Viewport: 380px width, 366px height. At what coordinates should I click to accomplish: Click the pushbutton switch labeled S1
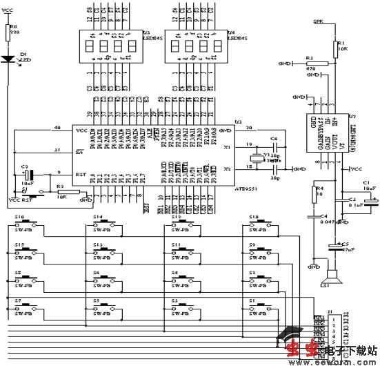pos(261,305)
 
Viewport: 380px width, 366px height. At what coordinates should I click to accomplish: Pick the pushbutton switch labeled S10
pos(261,224)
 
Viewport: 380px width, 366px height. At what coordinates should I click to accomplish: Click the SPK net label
pos(318,22)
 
